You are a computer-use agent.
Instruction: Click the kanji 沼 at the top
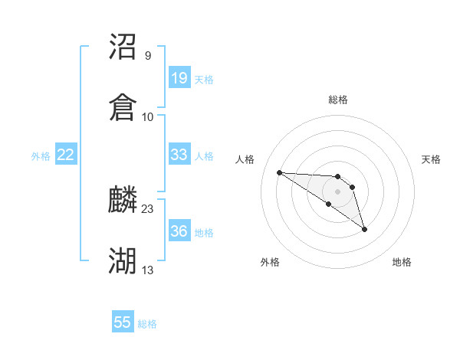coord(123,47)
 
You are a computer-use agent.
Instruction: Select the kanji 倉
coord(123,108)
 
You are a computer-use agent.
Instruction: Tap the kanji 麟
coord(123,201)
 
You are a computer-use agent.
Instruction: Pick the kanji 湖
coord(123,261)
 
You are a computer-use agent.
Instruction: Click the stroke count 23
coord(148,208)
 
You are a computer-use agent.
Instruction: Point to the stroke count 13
coord(148,270)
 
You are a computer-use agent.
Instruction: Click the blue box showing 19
coord(179,77)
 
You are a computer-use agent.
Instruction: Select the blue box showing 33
coord(179,155)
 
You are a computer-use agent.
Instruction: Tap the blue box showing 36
coord(179,231)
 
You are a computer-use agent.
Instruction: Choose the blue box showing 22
coord(66,155)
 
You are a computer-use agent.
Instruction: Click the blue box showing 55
coord(123,322)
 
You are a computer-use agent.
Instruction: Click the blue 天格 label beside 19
coord(204,79)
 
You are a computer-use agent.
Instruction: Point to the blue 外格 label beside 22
coord(41,156)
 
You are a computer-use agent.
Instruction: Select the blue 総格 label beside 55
coord(147,324)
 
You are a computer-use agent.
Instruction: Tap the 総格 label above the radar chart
coord(338,100)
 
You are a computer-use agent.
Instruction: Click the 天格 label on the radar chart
coord(432,159)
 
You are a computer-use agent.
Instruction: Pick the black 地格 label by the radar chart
coord(402,263)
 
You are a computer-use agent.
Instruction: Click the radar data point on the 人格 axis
coord(279,172)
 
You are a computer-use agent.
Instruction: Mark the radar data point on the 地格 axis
coord(364,229)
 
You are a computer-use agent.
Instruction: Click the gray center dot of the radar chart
coord(338,191)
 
